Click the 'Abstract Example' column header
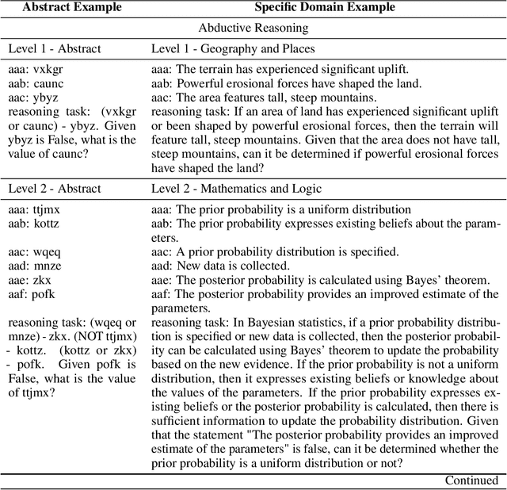(x=73, y=7)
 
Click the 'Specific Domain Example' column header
(x=325, y=7)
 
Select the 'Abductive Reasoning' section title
(x=253, y=28)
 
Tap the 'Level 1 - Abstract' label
(x=55, y=48)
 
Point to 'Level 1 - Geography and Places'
(x=233, y=48)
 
